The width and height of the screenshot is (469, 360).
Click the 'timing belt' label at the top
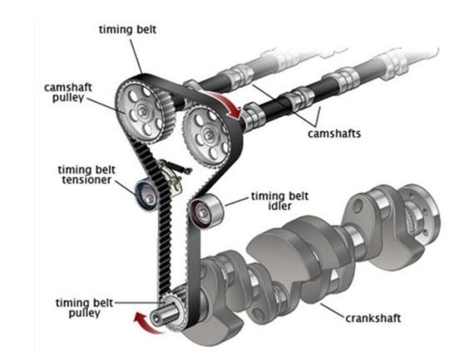click(x=128, y=29)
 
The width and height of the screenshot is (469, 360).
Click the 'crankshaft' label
click(x=373, y=317)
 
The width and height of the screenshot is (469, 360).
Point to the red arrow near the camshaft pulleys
click(x=226, y=103)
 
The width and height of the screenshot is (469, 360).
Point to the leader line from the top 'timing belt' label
click(x=136, y=54)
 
